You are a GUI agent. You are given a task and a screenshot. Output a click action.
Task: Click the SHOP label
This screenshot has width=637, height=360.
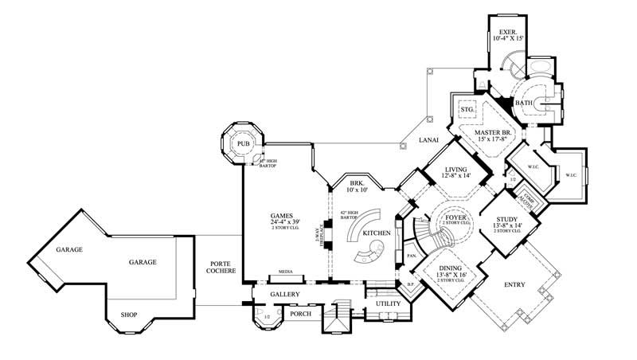(x=129, y=315)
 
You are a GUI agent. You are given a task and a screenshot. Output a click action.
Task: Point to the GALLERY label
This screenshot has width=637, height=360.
(x=283, y=294)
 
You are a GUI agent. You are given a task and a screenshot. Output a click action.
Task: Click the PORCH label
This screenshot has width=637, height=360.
(x=300, y=313)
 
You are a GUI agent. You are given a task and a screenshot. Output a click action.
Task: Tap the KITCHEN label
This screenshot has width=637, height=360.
(x=376, y=233)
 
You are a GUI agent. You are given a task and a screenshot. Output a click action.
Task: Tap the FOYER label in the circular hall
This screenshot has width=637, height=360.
(x=455, y=216)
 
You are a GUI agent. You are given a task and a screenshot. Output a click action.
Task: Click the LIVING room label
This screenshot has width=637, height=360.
(x=455, y=168)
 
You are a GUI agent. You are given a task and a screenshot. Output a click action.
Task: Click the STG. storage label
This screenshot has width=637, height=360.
(x=467, y=108)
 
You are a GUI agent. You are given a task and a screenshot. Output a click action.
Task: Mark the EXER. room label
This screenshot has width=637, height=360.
(x=509, y=33)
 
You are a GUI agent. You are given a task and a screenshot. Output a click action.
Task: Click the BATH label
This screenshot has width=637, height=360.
(x=524, y=103)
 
